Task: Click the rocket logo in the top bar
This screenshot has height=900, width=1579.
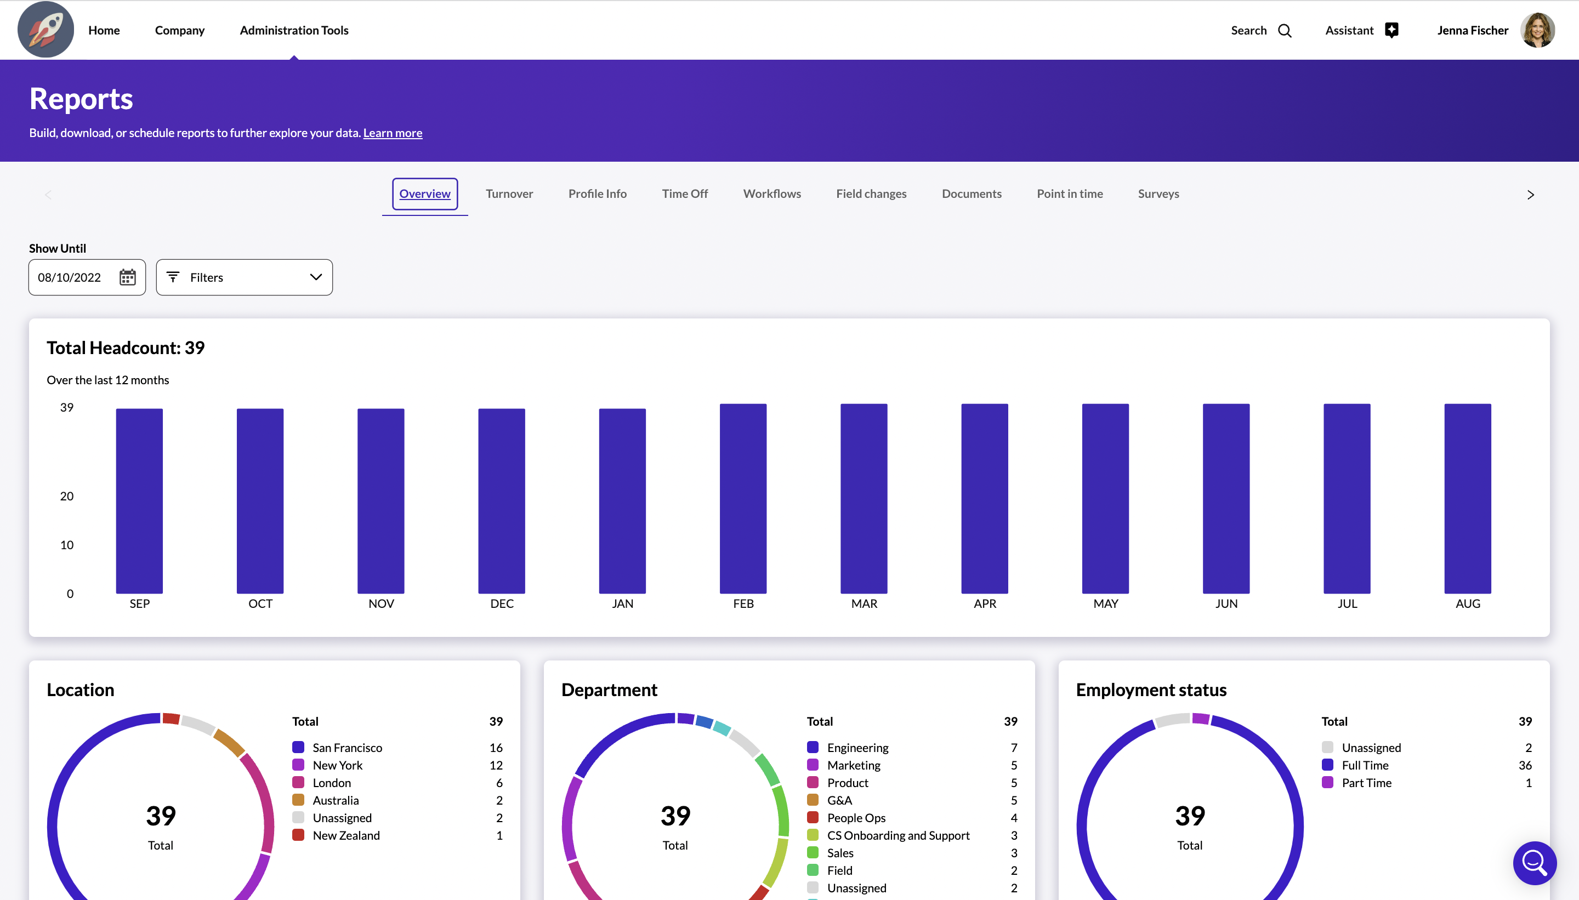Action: coord(45,30)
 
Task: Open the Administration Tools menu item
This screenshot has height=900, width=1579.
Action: coord(294,30)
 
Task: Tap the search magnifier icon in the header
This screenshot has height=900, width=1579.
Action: coord(1285,31)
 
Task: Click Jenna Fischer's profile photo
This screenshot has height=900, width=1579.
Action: coord(1537,30)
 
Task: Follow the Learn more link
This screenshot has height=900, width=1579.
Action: coord(393,133)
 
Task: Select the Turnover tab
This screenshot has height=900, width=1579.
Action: coord(509,193)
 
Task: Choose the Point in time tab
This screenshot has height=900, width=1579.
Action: coord(1070,193)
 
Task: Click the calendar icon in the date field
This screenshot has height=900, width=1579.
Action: coord(127,277)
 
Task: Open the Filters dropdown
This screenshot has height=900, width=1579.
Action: coord(244,277)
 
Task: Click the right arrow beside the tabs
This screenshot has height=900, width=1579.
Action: coord(1530,195)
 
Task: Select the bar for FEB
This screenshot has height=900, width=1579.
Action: coord(742,498)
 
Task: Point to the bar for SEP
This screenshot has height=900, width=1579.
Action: coord(139,500)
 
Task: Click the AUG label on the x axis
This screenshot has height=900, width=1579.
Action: coord(1468,604)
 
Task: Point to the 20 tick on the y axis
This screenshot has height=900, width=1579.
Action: coord(67,497)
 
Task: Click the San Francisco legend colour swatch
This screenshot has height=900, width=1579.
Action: coord(298,747)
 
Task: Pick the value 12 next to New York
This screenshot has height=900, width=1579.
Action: coord(496,765)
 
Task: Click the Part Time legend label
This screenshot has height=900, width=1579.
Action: coord(1366,783)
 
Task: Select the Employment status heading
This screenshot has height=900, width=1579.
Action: coord(1151,690)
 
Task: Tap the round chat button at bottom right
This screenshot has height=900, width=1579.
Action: coord(1535,863)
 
